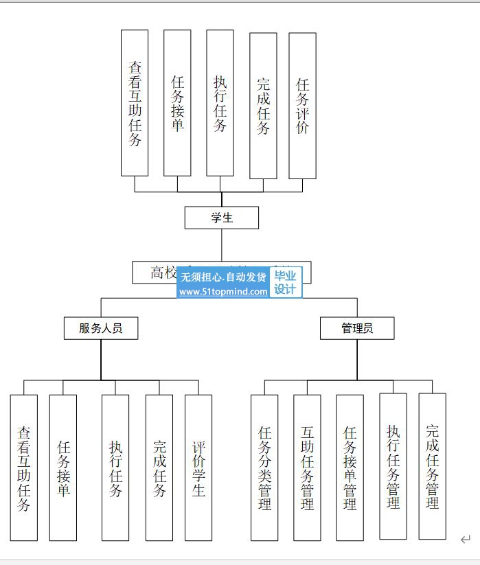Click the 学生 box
point(222,218)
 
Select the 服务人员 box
point(101,328)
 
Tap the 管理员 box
point(357,328)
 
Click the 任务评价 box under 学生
point(302,106)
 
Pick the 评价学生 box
point(198,468)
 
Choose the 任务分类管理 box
point(264,468)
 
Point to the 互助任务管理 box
point(307,468)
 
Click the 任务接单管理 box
point(350,468)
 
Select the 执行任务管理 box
point(393,466)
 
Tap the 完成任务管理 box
point(432,466)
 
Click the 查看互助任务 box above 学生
point(135,103)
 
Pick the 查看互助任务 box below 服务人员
point(24,468)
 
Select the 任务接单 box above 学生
point(177,103)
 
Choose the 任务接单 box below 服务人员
point(63,468)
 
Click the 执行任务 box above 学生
point(220,103)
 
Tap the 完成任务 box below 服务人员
point(159,468)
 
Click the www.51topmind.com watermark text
point(223,292)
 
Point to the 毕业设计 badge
point(285,282)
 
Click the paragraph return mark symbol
point(466,540)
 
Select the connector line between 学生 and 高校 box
point(222,244)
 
